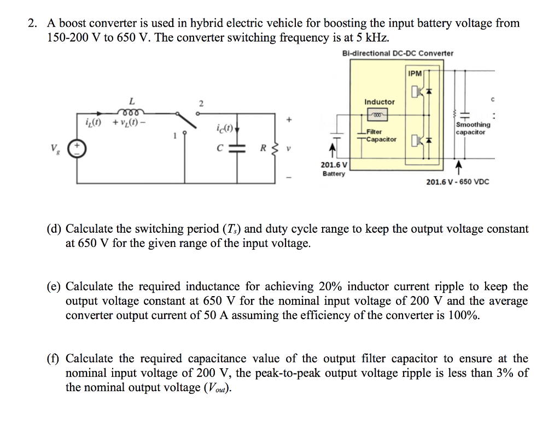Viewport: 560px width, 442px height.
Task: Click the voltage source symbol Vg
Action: (76, 148)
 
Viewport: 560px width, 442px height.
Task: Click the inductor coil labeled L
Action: (131, 112)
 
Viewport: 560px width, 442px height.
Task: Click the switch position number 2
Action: (201, 103)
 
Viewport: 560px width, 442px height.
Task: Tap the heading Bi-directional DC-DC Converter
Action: (398, 54)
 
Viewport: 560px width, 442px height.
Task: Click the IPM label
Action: (415, 73)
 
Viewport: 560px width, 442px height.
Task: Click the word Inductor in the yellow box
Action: (379, 102)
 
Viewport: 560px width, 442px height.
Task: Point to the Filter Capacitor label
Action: (381, 135)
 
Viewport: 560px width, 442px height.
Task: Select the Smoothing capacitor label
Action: (473, 128)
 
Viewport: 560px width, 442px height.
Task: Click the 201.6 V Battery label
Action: (334, 169)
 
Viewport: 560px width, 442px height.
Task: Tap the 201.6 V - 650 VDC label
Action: (458, 181)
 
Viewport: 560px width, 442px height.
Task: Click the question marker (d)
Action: (54, 229)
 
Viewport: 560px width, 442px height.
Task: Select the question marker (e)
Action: (54, 287)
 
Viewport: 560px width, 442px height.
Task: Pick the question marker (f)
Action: (54, 359)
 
